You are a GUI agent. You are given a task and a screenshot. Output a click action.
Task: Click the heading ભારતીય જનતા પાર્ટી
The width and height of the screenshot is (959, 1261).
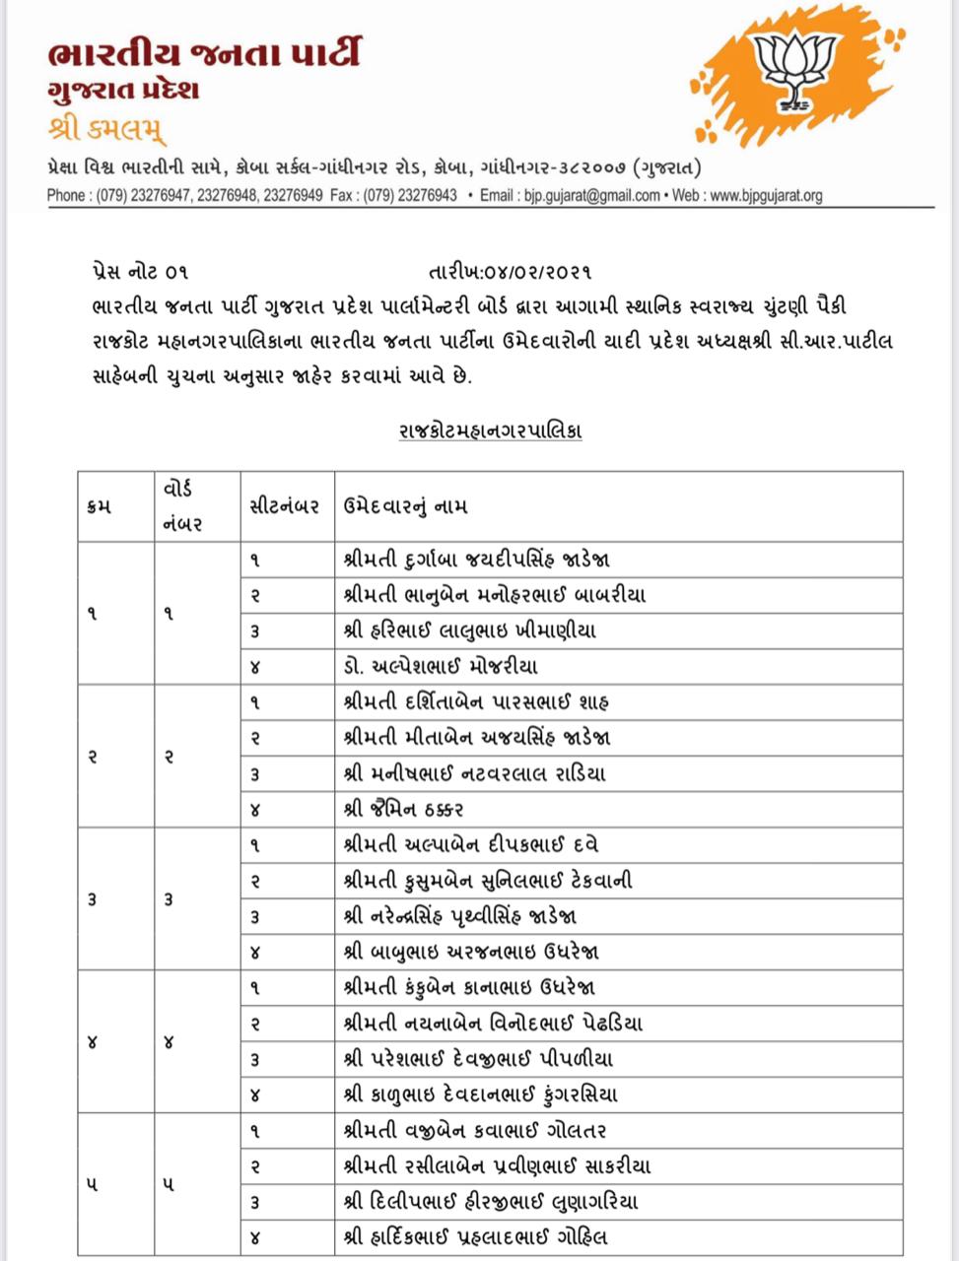tap(203, 51)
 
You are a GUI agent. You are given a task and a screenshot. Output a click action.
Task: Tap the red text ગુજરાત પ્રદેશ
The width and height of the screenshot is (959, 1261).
tap(123, 92)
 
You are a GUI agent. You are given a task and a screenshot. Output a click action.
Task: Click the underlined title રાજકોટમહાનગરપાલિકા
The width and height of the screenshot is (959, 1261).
tap(490, 431)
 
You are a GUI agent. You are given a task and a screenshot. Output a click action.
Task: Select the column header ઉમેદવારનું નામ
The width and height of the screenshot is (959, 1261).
tap(405, 506)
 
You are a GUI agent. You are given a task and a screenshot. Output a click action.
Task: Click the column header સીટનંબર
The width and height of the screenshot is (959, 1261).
tap(284, 506)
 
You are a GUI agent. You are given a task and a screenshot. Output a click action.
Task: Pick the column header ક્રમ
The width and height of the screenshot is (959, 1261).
tap(99, 506)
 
